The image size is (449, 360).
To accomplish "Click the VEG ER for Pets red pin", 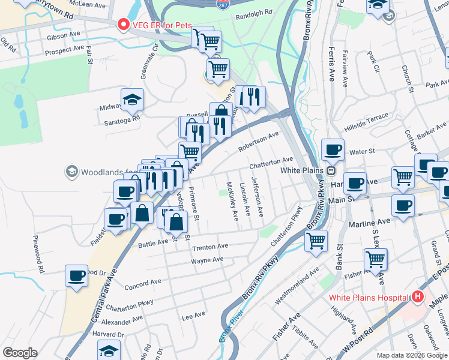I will (x=124, y=25).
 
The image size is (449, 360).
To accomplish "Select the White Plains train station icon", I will (x=330, y=170).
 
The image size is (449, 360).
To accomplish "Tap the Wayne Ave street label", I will (x=207, y=260).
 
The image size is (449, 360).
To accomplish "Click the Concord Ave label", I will (x=143, y=281).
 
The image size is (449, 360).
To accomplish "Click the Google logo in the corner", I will (x=19, y=352).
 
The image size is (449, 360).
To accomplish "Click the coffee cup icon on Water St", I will (x=332, y=149).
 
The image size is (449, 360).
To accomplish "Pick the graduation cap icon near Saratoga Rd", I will (x=132, y=100).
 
